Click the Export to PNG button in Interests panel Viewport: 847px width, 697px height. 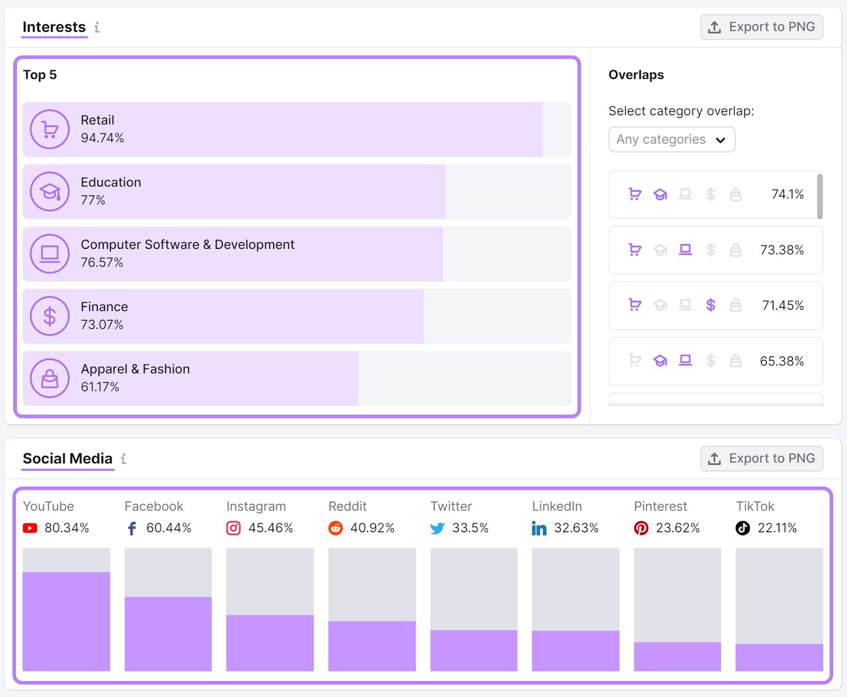[x=761, y=27]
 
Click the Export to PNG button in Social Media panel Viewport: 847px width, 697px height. [x=761, y=459]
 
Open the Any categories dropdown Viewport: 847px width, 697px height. [x=671, y=139]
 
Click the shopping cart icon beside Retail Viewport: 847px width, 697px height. [x=50, y=129]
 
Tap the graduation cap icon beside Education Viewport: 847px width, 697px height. [x=50, y=192]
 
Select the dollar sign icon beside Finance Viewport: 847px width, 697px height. [x=50, y=316]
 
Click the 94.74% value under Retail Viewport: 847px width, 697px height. [x=102, y=138]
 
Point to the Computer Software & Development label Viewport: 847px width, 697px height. [x=187, y=245]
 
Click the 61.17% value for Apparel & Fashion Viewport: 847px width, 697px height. [x=100, y=387]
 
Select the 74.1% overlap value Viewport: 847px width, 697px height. [x=787, y=194]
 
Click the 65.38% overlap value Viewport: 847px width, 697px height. [x=781, y=361]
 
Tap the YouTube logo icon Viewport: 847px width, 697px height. [x=30, y=528]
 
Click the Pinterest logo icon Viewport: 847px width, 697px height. [x=641, y=528]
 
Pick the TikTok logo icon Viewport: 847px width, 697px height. [x=743, y=528]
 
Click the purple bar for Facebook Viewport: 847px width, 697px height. [x=168, y=633]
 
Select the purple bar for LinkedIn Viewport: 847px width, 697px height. [x=575, y=650]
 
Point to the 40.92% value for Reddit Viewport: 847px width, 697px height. [x=372, y=528]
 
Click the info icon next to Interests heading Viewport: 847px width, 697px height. [x=97, y=28]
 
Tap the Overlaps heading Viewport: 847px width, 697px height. [x=636, y=75]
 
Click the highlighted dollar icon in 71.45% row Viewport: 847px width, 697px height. [x=710, y=305]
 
